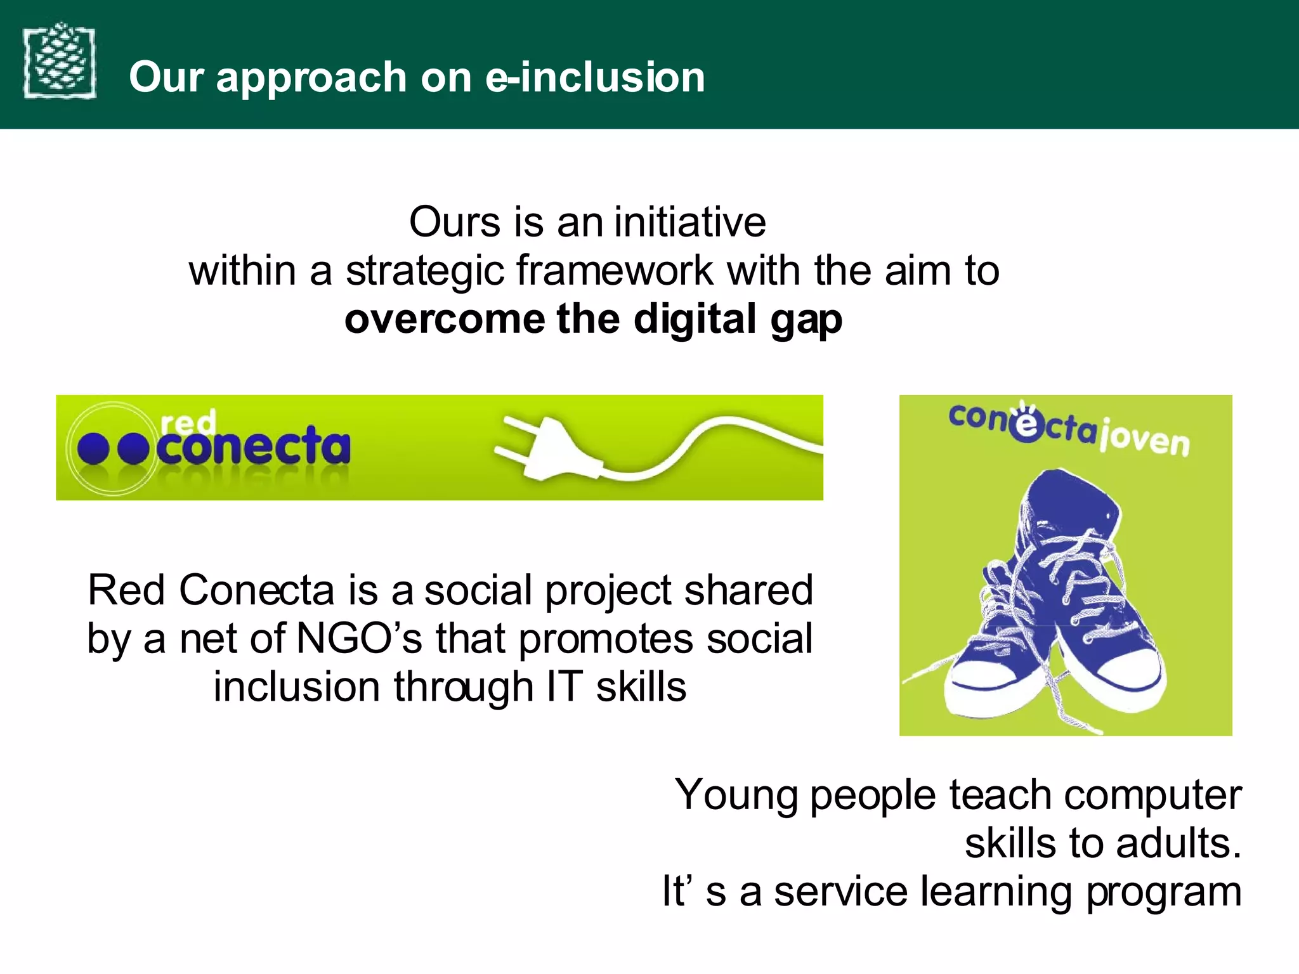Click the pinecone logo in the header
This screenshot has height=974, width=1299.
60,61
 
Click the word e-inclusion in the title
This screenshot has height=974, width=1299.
595,77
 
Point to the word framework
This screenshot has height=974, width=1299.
615,271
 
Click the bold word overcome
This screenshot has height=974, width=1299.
444,319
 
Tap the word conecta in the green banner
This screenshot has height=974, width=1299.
254,446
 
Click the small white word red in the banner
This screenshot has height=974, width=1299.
188,422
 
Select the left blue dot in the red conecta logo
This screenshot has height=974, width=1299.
93,449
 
